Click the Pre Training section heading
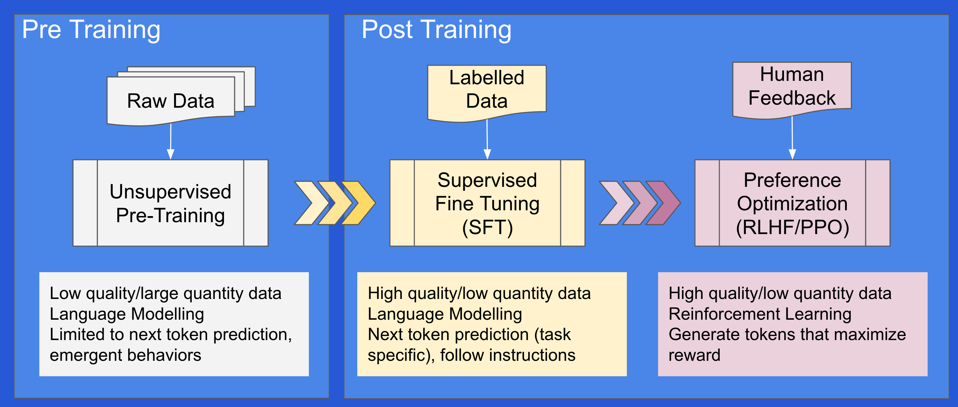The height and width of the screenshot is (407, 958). tap(91, 30)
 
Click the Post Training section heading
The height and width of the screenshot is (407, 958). tap(436, 30)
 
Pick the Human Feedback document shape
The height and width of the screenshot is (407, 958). tap(792, 90)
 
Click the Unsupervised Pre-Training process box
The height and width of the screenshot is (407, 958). tap(170, 203)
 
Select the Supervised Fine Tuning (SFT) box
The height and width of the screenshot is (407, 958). tap(487, 203)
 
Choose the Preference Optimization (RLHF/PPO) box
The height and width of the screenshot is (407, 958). tap(792, 203)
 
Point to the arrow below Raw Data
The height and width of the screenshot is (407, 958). tap(171, 142)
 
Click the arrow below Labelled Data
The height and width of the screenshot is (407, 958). tap(487, 139)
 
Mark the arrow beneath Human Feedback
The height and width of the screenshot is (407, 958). tap(792, 138)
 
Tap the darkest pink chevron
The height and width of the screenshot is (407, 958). tap(664, 203)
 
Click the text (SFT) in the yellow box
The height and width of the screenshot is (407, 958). tap(487, 228)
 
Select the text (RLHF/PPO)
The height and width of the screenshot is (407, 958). tap(792, 228)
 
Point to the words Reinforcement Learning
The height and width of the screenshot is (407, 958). tap(760, 314)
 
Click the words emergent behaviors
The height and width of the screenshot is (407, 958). tap(125, 355)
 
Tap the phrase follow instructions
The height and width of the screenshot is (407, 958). tap(508, 355)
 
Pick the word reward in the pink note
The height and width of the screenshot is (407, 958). tap(694, 355)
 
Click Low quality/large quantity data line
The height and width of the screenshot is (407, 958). tap(166, 294)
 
